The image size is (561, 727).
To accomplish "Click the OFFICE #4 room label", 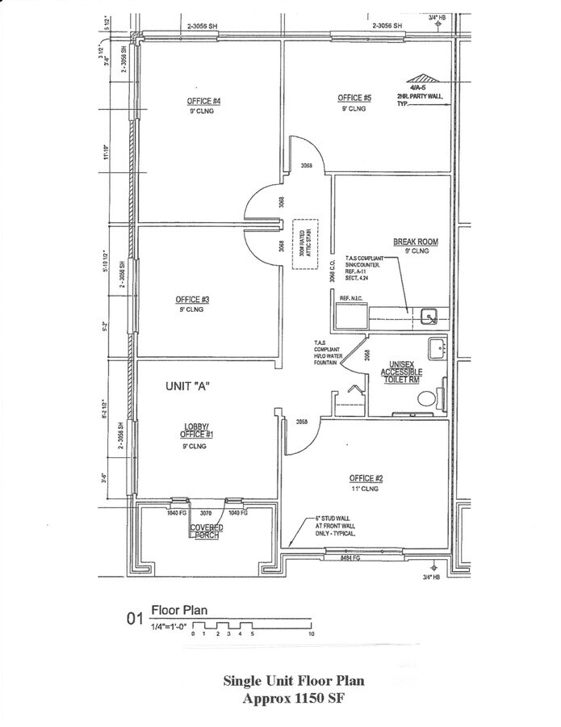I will [x=204, y=101].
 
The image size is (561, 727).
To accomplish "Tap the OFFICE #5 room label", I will [x=354, y=98].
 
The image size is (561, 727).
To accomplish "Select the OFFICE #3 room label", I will [x=193, y=300].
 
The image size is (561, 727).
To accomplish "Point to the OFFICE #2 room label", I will [x=366, y=477].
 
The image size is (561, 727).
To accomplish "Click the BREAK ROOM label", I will [x=415, y=242].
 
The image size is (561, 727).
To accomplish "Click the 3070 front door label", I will [x=205, y=513].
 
